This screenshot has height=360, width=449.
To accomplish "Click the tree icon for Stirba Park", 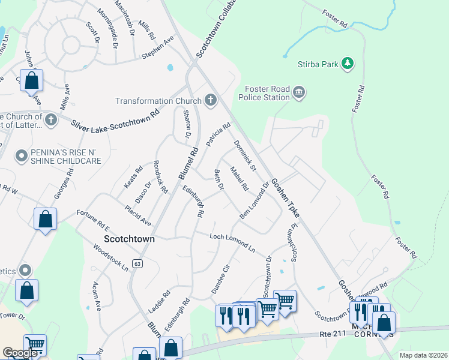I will point(346,63).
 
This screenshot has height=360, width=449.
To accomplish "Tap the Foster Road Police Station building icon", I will point(298,92).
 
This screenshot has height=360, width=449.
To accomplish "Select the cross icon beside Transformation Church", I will point(210,100).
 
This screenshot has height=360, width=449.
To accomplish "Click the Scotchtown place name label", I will point(129,238).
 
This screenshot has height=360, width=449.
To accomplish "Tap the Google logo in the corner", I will point(20,353).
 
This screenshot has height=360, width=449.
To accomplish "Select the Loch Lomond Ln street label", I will point(232,242).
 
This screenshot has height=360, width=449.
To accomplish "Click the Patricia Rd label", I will point(218,135).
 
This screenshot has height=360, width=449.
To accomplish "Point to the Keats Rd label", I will point(134,178).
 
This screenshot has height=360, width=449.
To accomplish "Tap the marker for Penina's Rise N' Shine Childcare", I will point(22,157).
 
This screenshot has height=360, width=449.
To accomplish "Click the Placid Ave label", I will point(137,217).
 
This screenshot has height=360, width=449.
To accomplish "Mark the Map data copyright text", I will point(423,355).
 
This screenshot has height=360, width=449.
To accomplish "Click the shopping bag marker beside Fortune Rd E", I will point(46,220).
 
